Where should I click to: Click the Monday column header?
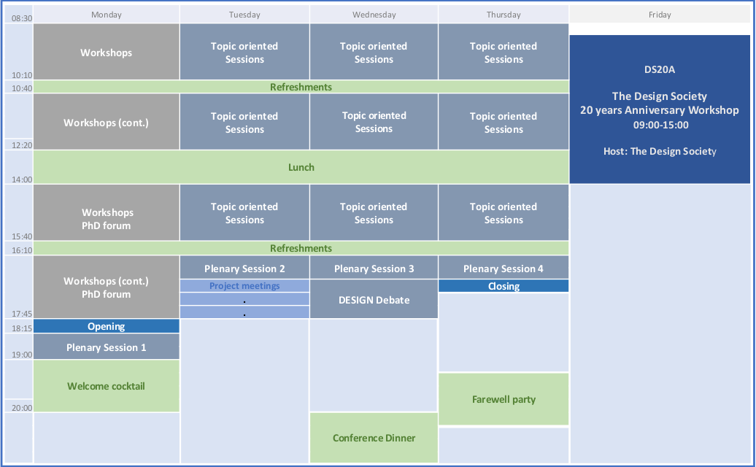pos(107,15)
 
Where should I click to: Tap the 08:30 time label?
pos(21,18)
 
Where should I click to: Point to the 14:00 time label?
pos(21,179)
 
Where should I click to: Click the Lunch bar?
pos(301,167)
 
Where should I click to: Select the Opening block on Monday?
pos(107,326)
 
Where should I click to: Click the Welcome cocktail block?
pos(107,386)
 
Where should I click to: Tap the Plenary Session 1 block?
pos(107,347)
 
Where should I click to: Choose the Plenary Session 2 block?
pos(244,269)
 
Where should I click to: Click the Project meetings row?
pos(244,286)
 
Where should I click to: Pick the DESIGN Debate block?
pos(374,300)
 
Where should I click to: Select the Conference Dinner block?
pos(374,438)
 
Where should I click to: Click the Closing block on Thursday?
pos(504,286)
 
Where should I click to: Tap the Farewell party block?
pos(504,399)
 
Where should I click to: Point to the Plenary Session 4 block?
pos(504,269)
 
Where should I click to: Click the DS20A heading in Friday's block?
pos(659,69)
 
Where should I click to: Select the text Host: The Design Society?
pos(659,151)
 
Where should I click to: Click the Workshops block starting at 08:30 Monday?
pos(107,53)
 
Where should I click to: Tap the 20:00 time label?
pos(21,408)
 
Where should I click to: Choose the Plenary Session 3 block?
pos(374,269)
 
